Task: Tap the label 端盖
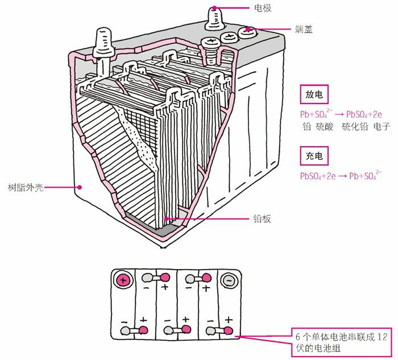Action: point(304,28)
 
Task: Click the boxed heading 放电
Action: point(313,95)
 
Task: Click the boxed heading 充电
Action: point(313,155)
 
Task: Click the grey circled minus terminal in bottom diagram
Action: point(227,280)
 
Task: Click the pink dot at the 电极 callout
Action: point(215,8)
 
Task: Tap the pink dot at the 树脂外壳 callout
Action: point(81,186)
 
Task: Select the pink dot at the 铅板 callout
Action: point(165,218)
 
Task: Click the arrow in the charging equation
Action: point(341,176)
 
